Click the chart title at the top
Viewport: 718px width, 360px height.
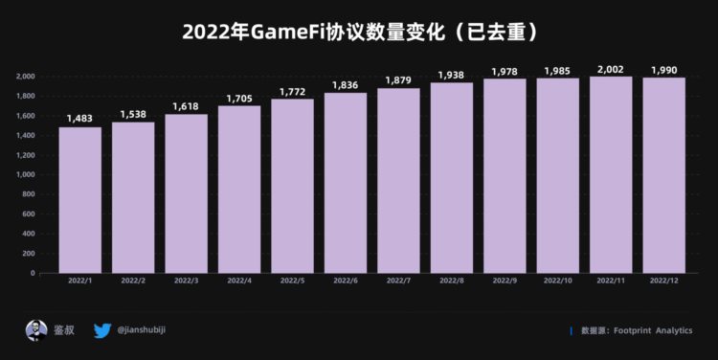(359, 32)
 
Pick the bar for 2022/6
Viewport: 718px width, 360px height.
(345, 182)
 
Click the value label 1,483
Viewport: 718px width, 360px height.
(79, 118)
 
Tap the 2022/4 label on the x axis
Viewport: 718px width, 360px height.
(238, 281)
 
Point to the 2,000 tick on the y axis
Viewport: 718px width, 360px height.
(25, 77)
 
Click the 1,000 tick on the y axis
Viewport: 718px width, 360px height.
(25, 174)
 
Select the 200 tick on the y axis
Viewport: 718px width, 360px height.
(29, 253)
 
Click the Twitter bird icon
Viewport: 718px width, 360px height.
(102, 330)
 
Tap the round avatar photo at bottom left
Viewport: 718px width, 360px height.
(36, 330)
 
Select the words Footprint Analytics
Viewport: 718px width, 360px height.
(654, 331)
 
